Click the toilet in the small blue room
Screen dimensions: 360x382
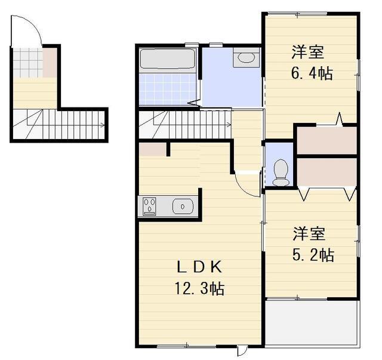click(280, 172)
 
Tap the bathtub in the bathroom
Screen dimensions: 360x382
click(167, 60)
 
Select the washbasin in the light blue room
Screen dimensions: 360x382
click(245, 59)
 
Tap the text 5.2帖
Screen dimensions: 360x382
click(313, 255)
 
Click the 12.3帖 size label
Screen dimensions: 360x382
click(199, 290)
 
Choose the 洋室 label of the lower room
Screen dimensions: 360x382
click(309, 232)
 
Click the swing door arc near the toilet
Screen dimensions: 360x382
click(245, 183)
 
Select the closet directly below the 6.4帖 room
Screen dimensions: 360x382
click(326, 141)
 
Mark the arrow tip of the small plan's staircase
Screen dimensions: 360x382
click(104, 125)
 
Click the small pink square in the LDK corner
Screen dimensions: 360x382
click(152, 149)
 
